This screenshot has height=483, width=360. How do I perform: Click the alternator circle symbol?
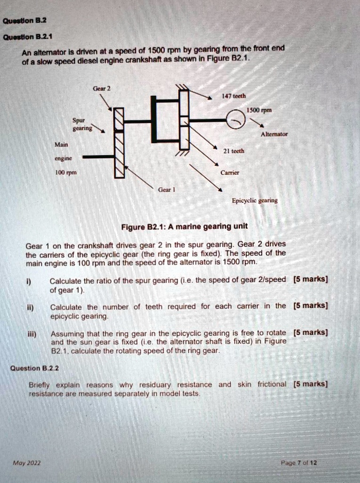(x=236, y=121)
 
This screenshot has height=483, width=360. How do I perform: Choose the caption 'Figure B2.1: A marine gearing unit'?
(x=184, y=226)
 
